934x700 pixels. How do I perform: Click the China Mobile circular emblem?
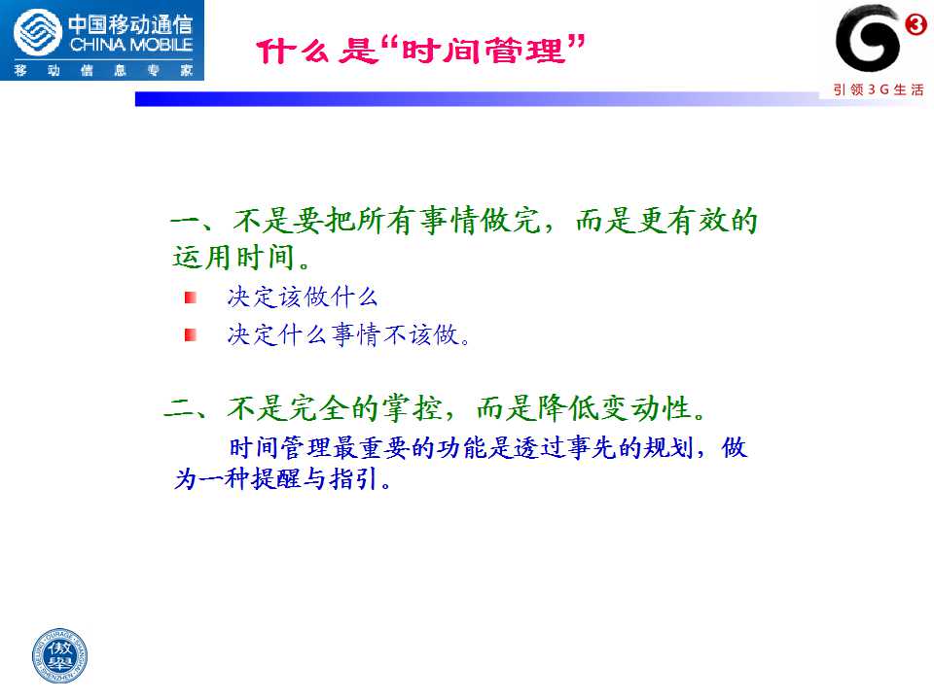[x=38, y=33]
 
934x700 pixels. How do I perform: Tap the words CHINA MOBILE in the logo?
[x=131, y=45]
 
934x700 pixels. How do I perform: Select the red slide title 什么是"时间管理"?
[x=420, y=50]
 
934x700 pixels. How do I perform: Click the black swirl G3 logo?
[x=867, y=38]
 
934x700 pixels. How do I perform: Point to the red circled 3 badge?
[x=916, y=24]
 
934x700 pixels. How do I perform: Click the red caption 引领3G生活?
[x=879, y=89]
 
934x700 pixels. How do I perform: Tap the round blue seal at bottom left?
[x=59, y=656]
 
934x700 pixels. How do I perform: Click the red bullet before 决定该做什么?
[x=191, y=297]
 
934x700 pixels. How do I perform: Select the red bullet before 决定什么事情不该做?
[x=191, y=335]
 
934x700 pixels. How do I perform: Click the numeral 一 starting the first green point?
[x=185, y=221]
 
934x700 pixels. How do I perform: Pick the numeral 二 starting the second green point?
[x=179, y=408]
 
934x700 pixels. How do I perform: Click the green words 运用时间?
[x=233, y=258]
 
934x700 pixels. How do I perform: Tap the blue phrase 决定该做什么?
[x=303, y=297]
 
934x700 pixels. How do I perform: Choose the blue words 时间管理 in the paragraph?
[x=280, y=448]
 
